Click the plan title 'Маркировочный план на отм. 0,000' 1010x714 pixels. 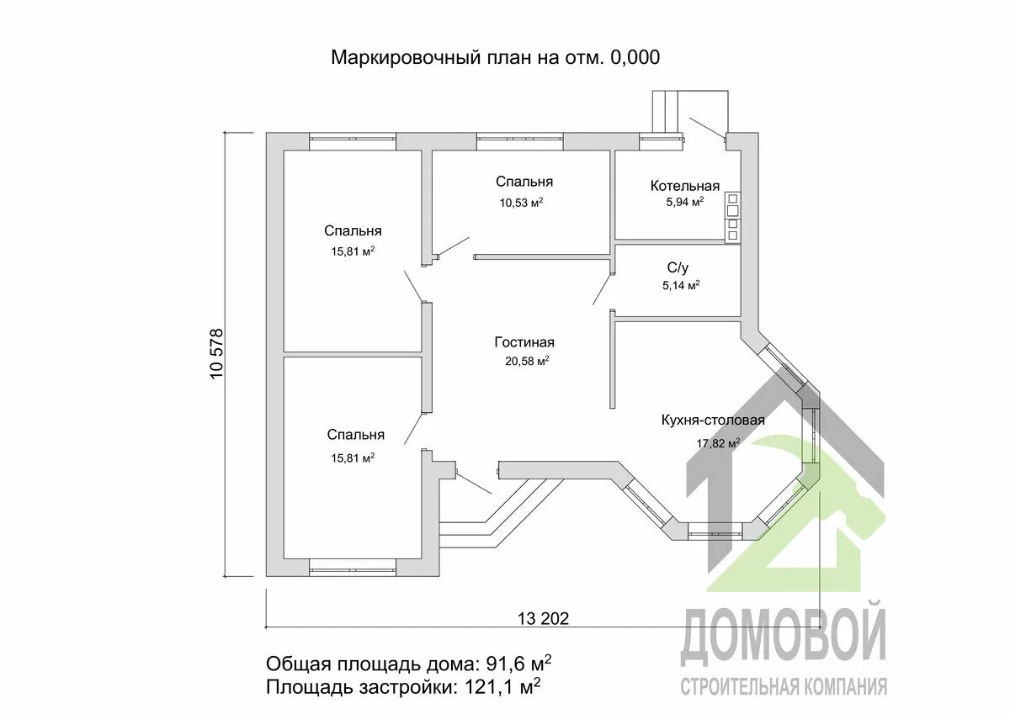(495, 58)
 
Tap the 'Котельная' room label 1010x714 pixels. (684, 186)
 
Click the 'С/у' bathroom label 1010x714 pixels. (678, 268)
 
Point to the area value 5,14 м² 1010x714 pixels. (681, 285)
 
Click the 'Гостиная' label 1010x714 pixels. (524, 342)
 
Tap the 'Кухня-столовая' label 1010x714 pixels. (713, 420)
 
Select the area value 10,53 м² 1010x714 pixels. (521, 202)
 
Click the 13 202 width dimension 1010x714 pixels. (543, 618)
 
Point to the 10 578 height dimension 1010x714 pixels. (216, 354)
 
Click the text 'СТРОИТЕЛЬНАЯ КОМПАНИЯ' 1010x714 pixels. (783, 686)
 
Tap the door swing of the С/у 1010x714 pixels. (603, 284)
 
